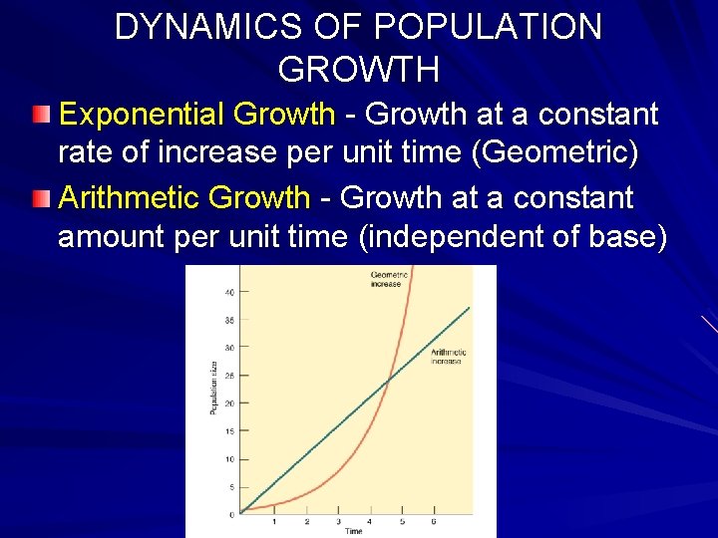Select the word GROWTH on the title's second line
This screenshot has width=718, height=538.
[358, 69]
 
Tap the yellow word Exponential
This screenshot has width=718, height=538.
[144, 115]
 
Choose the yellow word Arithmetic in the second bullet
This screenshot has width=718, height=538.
[131, 198]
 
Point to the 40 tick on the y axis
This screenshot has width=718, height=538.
[229, 292]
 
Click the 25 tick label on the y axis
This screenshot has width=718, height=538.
[229, 376]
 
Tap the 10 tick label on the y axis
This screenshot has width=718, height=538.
[229, 459]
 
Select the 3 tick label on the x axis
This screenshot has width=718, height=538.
[338, 521]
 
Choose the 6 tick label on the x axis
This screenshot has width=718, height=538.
[433, 521]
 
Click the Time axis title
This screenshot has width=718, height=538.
[354, 531]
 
